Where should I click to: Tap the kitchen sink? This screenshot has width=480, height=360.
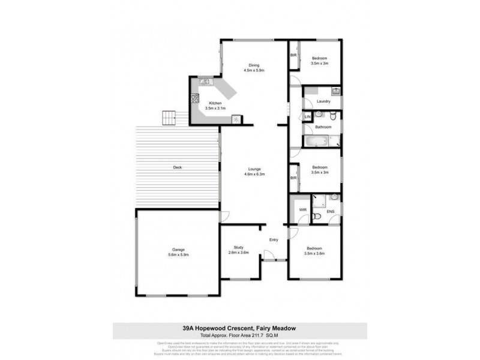click(204, 82)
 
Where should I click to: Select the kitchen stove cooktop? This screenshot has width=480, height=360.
click(195, 99)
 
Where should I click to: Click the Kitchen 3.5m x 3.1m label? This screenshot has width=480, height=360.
click(215, 106)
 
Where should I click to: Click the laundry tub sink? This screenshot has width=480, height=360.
click(336, 91)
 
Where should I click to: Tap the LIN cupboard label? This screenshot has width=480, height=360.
click(307, 116)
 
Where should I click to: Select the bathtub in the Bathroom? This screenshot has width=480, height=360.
click(317, 142)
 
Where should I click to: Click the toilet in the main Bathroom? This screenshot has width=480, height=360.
click(319, 114)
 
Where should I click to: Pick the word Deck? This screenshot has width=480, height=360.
click(177, 167)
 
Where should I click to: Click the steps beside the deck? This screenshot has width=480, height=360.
click(170, 118)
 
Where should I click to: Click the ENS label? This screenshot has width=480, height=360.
click(330, 212)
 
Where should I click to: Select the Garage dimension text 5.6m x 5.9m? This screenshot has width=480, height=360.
click(178, 254)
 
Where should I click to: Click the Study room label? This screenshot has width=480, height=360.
click(239, 249)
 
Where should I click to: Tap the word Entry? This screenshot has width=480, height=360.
click(274, 240)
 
